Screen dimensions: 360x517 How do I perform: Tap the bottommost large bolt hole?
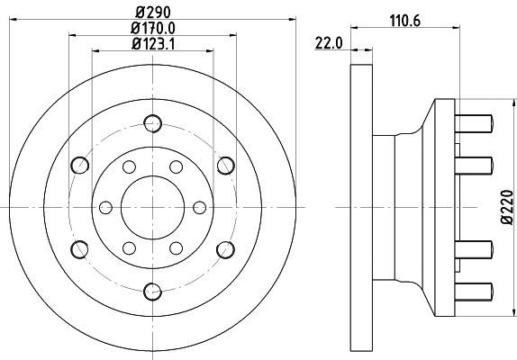click(152, 290)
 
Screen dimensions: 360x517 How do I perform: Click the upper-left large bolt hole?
click(80, 165)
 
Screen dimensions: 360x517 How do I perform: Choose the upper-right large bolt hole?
click(224, 165)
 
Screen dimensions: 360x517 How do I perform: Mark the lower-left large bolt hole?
click(80, 248)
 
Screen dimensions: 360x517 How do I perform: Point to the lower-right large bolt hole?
click(224, 248)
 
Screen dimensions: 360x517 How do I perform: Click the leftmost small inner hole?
click(103, 206)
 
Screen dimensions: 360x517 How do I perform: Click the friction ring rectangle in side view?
click(360, 206)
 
